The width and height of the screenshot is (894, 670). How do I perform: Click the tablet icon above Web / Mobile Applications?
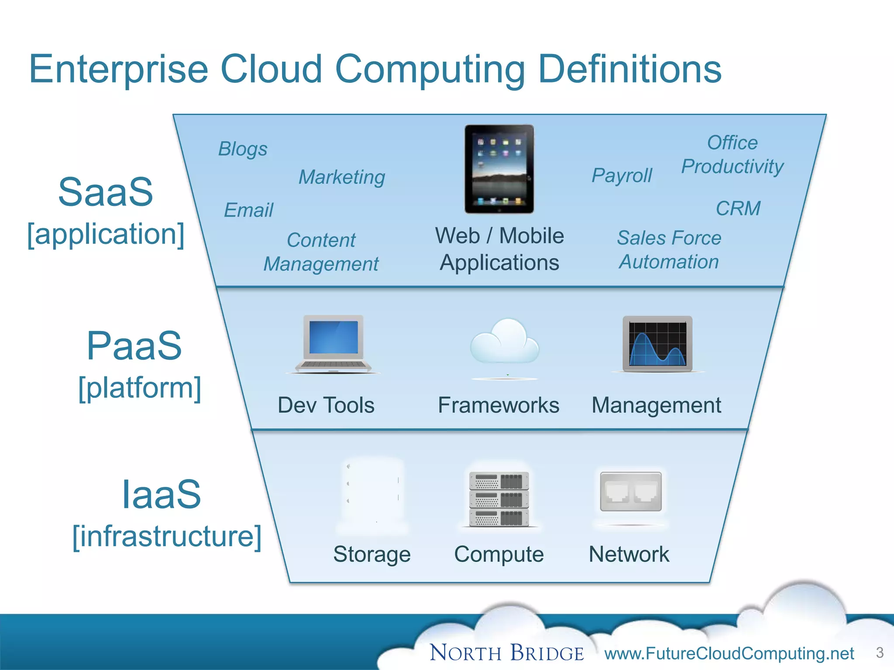pos(499,169)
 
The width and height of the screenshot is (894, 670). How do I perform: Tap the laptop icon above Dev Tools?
pos(334,344)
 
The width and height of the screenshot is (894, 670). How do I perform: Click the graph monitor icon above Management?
pos(657,344)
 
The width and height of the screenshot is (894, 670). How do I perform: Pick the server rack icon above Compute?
pos(499,499)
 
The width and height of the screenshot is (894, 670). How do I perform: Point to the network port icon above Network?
pos(631,492)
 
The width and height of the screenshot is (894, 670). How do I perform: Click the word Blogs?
pos(243,149)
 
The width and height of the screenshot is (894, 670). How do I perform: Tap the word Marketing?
pos(342,177)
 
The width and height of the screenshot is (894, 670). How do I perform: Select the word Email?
pos(248,210)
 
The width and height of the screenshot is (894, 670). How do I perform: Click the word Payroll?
pos(622,175)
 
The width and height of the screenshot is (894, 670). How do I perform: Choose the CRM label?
pos(738,209)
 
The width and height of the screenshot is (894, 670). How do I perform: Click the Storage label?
pos(372,554)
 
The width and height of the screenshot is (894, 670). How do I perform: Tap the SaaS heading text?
pos(106,192)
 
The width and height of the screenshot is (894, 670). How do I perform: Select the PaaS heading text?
pos(134,346)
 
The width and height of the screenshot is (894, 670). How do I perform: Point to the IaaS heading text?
pos(161,495)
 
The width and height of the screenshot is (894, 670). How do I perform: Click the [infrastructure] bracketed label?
pos(167,536)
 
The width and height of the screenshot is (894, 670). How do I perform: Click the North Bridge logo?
pos(507,653)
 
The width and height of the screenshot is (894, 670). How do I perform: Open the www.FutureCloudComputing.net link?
pos(729,653)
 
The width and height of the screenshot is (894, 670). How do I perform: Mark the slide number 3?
pos(880,653)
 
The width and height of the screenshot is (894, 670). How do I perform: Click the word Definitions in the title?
pos(630,70)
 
